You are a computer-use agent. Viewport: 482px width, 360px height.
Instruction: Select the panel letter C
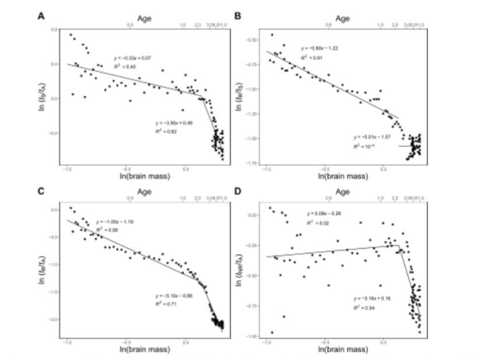point(41,191)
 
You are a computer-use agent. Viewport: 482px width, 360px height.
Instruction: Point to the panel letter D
point(238,191)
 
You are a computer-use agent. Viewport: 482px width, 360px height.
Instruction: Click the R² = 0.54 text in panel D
point(363,307)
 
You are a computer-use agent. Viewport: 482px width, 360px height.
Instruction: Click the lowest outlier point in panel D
point(272,333)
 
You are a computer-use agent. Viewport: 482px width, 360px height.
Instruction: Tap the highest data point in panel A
point(71,35)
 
